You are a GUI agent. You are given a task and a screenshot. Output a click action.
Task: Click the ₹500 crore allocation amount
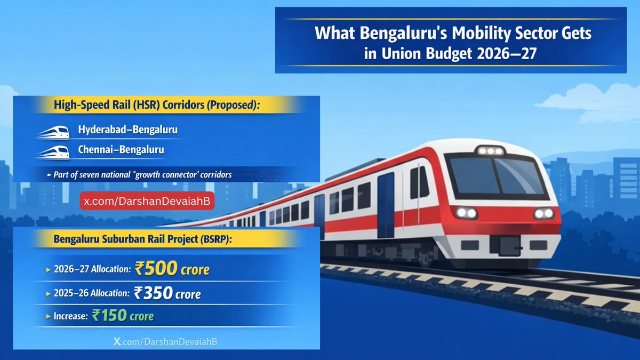pyautogui.click(x=172, y=269)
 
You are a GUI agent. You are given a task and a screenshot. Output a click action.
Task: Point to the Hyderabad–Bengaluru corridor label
pyautogui.click(x=128, y=130)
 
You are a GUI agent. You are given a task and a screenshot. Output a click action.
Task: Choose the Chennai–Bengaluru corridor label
pyautogui.click(x=121, y=150)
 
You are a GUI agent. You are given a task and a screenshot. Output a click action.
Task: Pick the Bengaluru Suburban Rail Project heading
pyautogui.click(x=143, y=239)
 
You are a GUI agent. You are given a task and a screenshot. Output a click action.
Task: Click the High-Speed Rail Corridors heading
pyautogui.click(x=156, y=106)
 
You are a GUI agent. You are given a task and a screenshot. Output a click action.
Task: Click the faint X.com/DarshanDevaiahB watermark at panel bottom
pyautogui.click(x=165, y=340)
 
